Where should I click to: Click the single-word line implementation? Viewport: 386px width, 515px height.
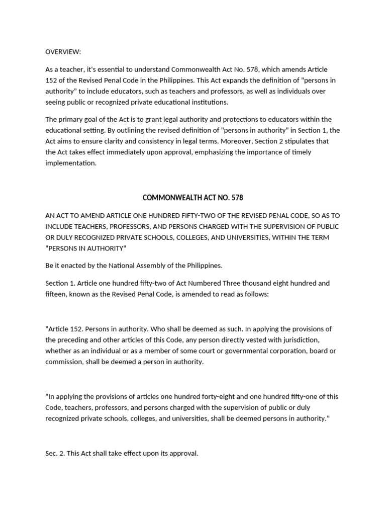tap(70, 163)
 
